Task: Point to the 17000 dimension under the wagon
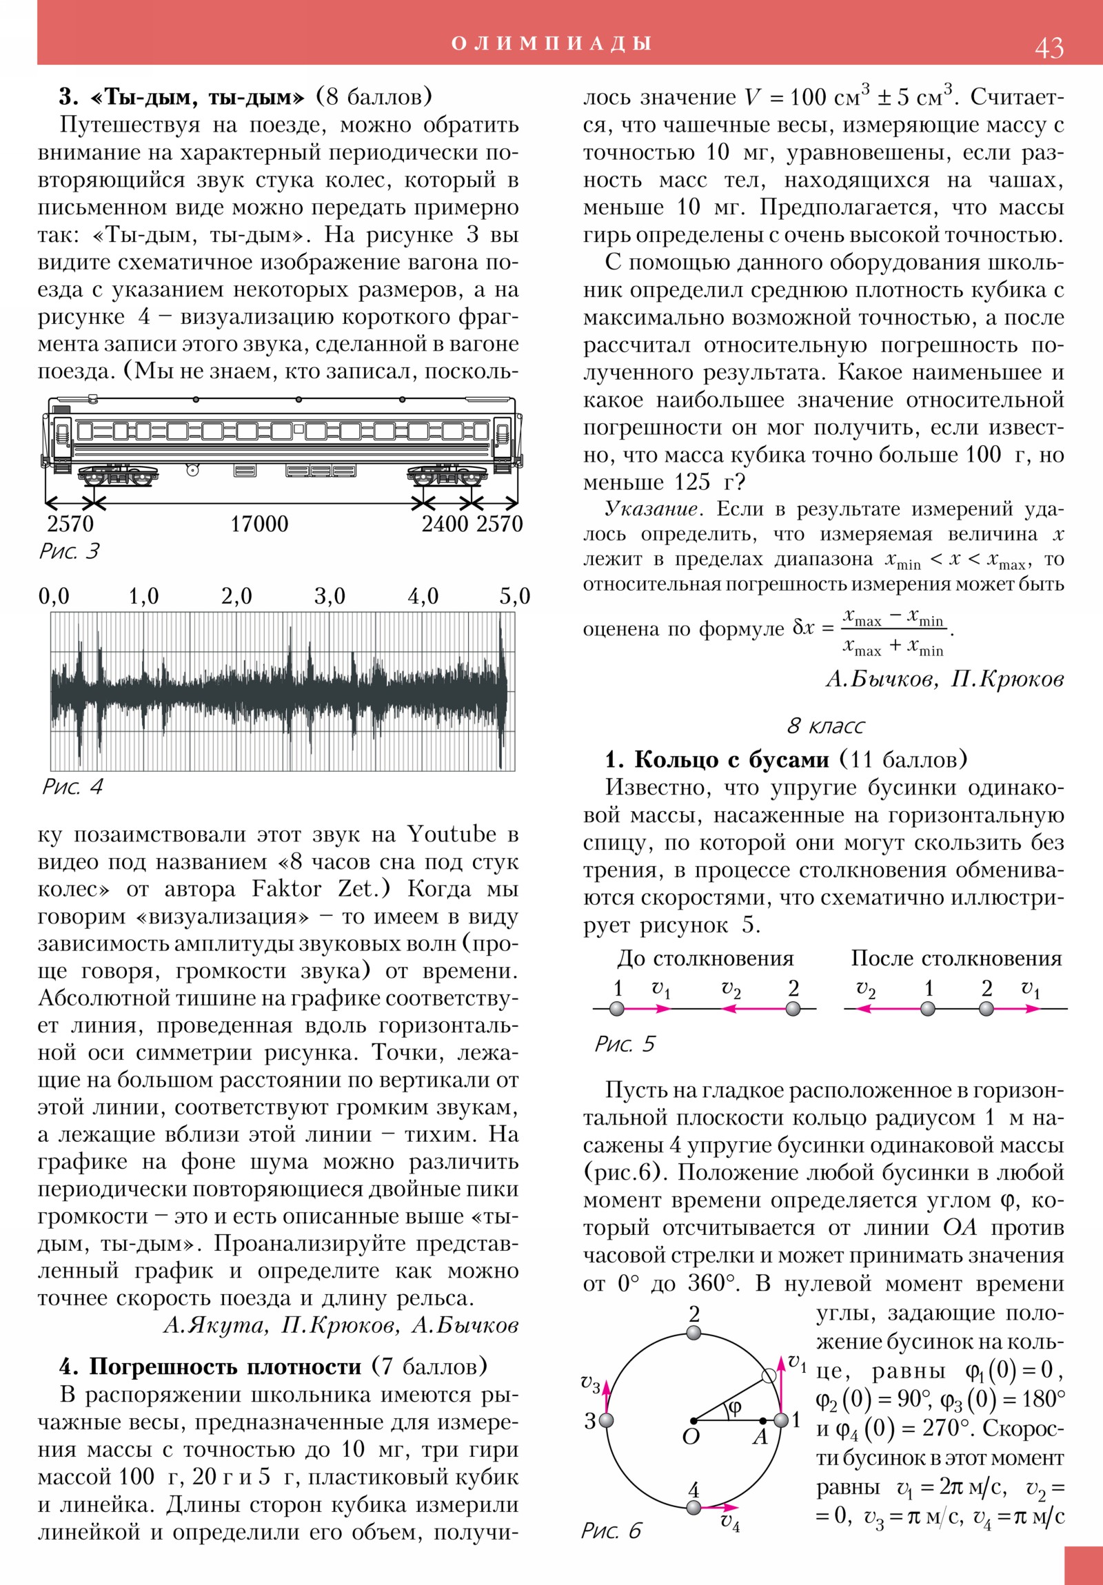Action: point(259,524)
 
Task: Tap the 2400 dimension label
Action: point(445,524)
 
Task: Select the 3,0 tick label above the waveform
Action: point(330,596)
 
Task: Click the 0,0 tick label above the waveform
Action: point(54,596)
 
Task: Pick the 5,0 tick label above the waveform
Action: point(514,596)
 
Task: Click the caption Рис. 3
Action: point(69,551)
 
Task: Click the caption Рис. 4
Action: point(72,786)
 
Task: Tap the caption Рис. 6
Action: point(611,1531)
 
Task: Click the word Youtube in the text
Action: point(451,834)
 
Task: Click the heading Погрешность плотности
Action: point(225,1367)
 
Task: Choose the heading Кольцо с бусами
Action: point(731,759)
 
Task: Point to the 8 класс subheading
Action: point(825,726)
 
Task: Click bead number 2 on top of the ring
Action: point(694,1333)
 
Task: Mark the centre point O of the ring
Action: point(694,1421)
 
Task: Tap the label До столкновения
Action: point(705,958)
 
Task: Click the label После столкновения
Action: point(956,958)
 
